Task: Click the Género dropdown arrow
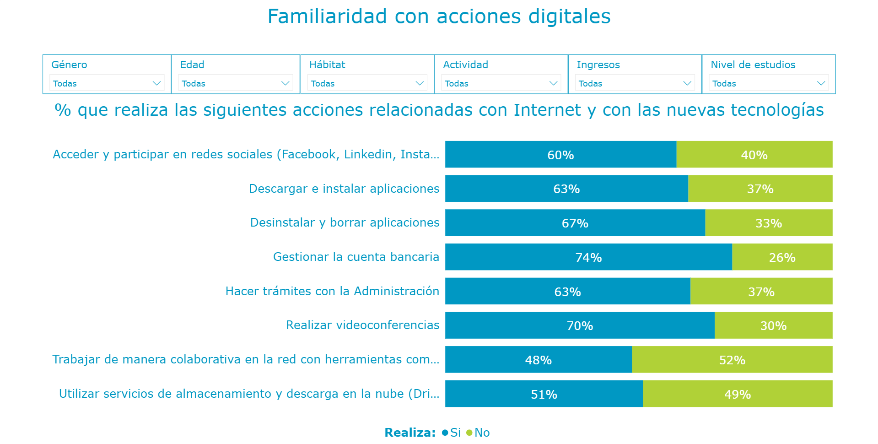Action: point(156,83)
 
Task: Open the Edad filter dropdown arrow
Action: point(285,83)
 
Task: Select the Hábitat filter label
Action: point(327,65)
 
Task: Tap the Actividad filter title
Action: point(465,65)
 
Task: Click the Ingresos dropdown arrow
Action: point(687,83)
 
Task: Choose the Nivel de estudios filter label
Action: point(753,65)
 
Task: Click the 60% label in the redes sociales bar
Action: point(560,155)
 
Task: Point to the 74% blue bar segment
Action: point(588,257)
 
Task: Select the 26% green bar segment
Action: point(782,257)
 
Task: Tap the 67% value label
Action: point(575,223)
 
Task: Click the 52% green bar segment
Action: point(732,360)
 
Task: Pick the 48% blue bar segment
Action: point(538,360)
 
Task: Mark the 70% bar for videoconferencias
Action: point(580,326)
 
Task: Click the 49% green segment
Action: point(737,394)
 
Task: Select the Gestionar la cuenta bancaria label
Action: point(356,257)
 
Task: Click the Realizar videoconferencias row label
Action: point(362,325)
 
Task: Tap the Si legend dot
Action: point(445,433)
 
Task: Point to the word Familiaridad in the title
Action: point(327,16)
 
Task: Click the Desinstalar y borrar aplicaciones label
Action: point(345,222)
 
